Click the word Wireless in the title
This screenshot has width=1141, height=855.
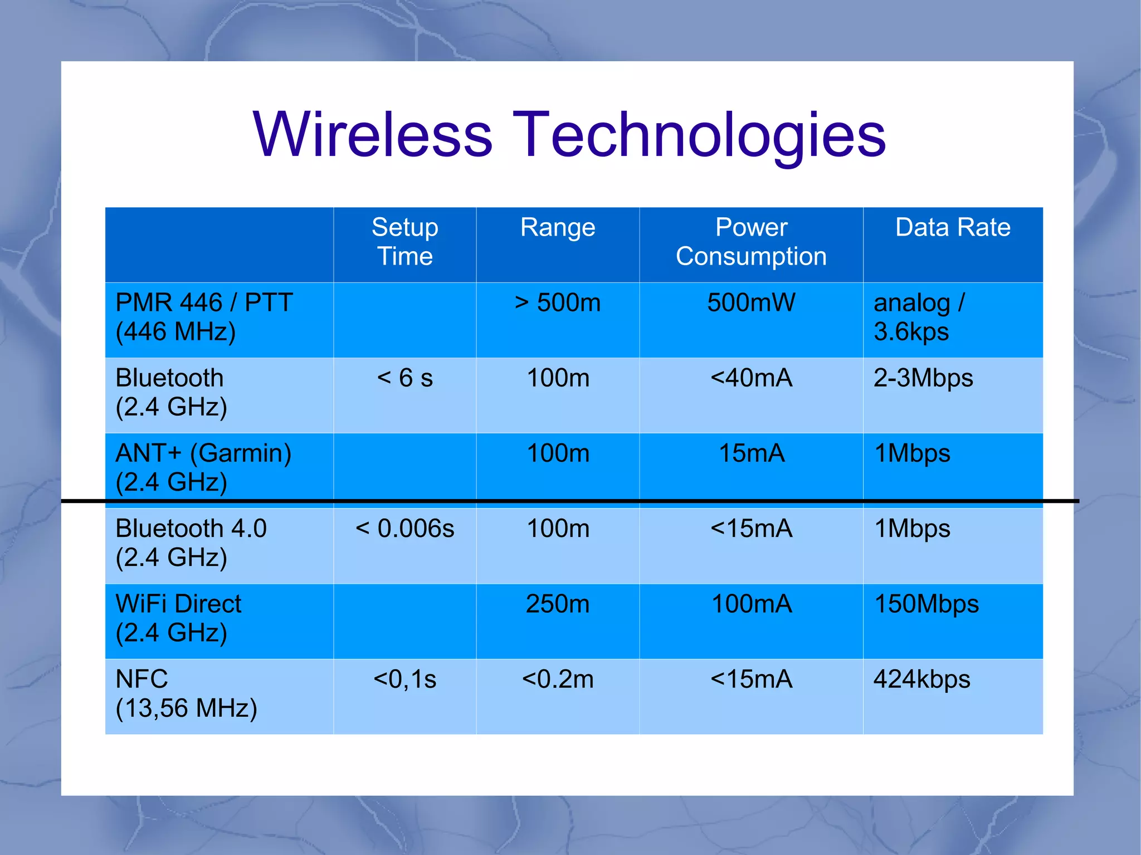(x=372, y=135)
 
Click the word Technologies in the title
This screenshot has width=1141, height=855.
(x=699, y=135)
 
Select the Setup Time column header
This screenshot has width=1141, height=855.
(x=405, y=242)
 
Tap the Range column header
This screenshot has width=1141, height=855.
(x=558, y=228)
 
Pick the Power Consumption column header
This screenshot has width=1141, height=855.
(x=751, y=242)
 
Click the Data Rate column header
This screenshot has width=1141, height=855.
(x=953, y=228)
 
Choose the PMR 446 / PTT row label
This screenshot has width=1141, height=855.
(x=204, y=317)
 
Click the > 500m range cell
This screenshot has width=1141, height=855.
(x=558, y=303)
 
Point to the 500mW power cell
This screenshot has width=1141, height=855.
(x=751, y=303)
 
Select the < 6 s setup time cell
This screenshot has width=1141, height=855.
(x=405, y=378)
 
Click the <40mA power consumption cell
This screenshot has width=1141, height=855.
(x=751, y=378)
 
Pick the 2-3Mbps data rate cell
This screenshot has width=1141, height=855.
(x=923, y=378)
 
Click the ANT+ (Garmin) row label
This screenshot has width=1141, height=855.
(x=204, y=467)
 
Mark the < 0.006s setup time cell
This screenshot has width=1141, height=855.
(x=405, y=529)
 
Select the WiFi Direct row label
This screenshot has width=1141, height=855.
(x=178, y=618)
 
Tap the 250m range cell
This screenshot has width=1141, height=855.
(x=558, y=604)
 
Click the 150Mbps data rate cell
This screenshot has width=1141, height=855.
(x=927, y=604)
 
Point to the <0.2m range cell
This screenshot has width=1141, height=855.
(x=558, y=680)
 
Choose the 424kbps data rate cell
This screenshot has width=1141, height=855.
(x=922, y=680)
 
